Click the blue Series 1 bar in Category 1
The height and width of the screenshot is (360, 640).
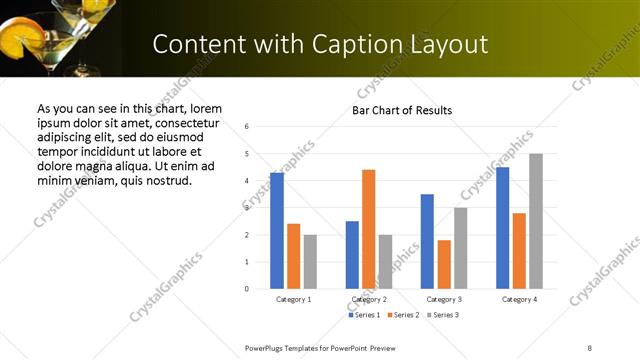coord(277,231)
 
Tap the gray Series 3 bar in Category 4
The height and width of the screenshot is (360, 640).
coord(536,221)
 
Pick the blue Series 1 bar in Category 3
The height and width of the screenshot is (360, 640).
coord(427,241)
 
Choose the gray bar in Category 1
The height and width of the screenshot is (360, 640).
coord(310,262)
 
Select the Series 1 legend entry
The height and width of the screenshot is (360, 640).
coord(366,315)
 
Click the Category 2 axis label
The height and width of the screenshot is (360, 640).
coord(369,299)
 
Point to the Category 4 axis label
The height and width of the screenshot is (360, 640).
coord(519,299)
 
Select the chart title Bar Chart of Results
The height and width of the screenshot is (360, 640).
coord(402,110)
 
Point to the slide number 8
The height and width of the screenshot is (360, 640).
coord(589,347)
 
